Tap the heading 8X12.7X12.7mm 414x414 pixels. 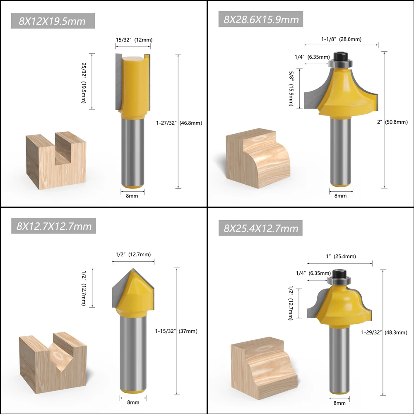(x=54, y=226)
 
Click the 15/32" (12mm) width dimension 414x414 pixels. (x=133, y=40)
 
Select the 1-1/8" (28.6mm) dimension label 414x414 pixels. (x=341, y=39)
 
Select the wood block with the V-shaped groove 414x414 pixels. (x=53, y=360)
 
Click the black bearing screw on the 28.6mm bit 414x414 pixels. (x=340, y=55)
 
